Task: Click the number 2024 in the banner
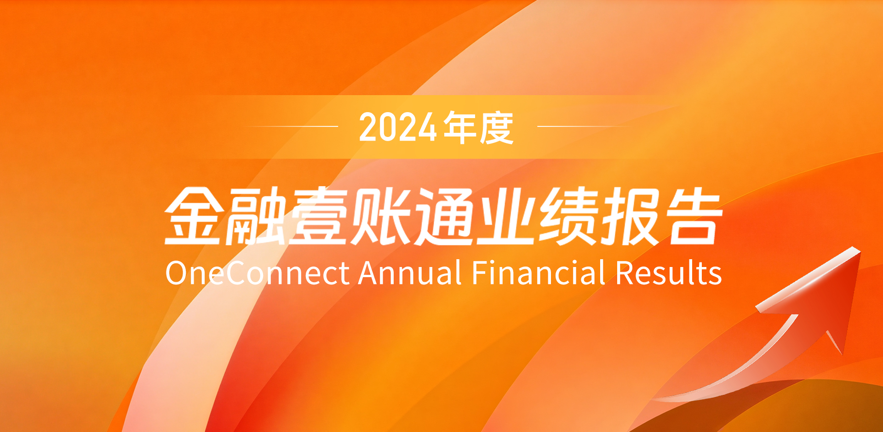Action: tap(398, 127)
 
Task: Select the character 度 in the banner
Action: tap(496, 127)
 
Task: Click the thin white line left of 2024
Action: tap(290, 126)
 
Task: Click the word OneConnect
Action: tap(258, 273)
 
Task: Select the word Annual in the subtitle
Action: tap(410, 273)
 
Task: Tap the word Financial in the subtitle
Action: tap(539, 273)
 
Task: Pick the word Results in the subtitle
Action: tap(669, 273)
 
